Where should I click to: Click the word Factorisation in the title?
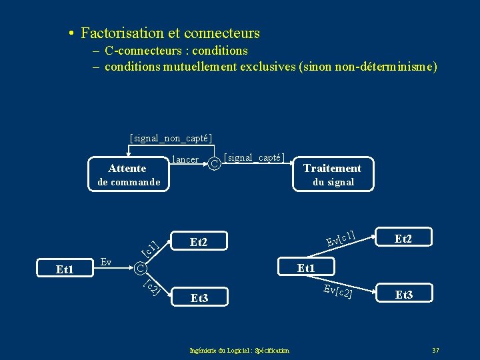coord(121,33)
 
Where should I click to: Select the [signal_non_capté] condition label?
coord(171,138)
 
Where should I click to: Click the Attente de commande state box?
coord(129,175)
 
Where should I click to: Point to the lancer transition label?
coord(185,159)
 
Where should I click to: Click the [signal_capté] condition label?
coord(255,157)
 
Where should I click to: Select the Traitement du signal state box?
coord(333,175)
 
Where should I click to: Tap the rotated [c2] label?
coord(152,288)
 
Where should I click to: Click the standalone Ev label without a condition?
coord(105,261)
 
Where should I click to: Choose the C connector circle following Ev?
coord(139,269)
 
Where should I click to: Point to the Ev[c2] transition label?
coord(338,291)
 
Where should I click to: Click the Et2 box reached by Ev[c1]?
coord(403,237)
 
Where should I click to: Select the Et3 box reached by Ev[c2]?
coord(404,293)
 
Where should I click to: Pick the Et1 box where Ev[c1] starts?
coord(305,267)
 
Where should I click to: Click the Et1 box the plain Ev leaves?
coord(65,270)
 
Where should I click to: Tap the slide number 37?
coord(435,350)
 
